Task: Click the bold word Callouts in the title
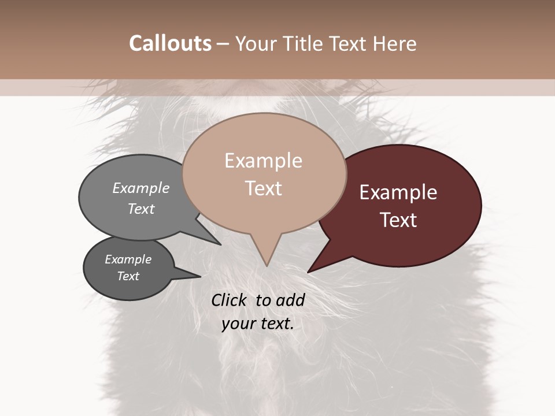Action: click(x=170, y=43)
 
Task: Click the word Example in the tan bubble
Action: click(x=263, y=161)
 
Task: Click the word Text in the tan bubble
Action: click(x=263, y=188)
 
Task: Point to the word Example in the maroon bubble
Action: click(x=398, y=192)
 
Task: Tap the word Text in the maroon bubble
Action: click(x=398, y=220)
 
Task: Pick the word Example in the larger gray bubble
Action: click(x=141, y=188)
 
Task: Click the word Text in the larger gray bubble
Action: click(x=141, y=209)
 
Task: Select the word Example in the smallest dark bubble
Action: click(x=128, y=259)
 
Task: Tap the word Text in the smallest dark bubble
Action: click(x=128, y=276)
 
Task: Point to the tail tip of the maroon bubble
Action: click(x=309, y=271)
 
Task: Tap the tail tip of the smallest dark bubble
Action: click(x=199, y=276)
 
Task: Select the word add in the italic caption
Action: click(x=290, y=300)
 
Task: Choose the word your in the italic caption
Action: click(x=238, y=324)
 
